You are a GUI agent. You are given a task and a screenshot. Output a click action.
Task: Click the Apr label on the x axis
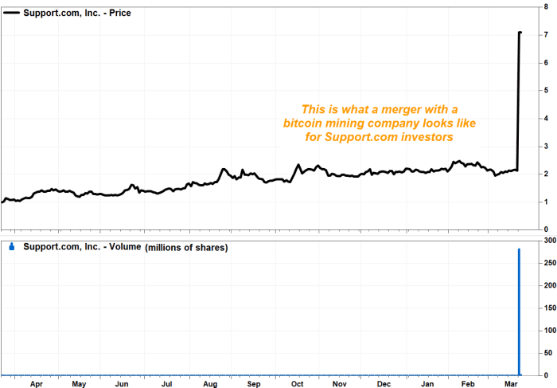36,383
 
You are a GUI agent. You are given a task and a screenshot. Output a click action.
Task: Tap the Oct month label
297,383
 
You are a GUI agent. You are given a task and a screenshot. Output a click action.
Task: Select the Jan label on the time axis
427,383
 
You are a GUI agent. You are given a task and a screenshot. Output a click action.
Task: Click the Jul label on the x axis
167,383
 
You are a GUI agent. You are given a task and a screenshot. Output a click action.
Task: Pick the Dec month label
384,383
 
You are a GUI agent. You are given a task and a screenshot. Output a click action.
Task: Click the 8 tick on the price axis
545,6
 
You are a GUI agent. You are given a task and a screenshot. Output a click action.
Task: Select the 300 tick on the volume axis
547,239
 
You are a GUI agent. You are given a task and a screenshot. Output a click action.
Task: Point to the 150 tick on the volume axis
547,307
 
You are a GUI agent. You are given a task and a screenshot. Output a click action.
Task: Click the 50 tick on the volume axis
547,352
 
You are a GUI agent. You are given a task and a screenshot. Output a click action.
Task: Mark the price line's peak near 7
520,33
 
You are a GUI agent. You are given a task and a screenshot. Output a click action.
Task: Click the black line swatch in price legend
13,14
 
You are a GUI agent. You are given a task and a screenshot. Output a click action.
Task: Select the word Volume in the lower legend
120,248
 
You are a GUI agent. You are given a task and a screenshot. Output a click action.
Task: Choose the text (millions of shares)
186,248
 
